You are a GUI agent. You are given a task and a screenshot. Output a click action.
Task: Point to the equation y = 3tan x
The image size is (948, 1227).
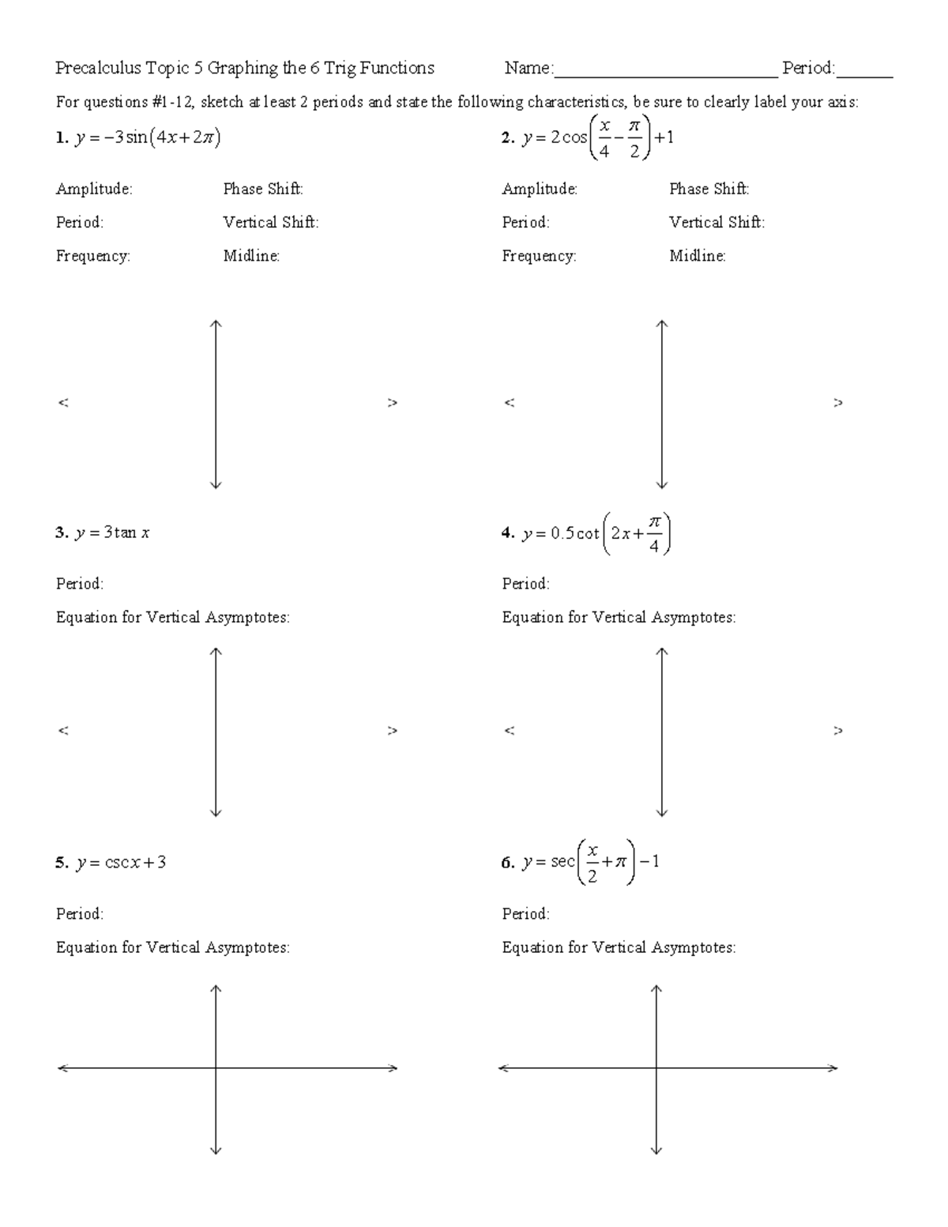[x=112, y=533]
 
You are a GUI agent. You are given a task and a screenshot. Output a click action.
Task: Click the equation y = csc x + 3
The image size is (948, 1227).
[x=120, y=862]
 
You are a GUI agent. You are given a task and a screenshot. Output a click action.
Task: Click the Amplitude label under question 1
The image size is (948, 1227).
[x=94, y=189]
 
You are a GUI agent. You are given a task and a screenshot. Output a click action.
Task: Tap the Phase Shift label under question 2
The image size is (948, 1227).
[x=709, y=189]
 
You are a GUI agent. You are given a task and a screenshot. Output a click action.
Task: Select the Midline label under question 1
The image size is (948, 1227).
[x=251, y=256]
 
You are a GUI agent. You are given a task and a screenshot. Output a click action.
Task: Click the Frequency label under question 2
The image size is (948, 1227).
[x=539, y=256]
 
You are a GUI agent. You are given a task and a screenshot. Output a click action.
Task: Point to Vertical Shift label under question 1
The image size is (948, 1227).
[x=270, y=223]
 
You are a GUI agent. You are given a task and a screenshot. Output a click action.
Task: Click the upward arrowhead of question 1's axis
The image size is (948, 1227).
[x=216, y=323]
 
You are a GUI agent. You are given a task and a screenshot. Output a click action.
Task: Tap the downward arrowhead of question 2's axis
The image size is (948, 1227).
[x=662, y=485]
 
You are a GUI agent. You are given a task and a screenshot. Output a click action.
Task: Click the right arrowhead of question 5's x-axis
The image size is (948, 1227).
[x=392, y=1068]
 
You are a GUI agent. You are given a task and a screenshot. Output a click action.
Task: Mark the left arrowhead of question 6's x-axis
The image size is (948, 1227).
[x=504, y=1068]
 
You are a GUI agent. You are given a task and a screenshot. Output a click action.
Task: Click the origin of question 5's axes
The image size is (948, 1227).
[x=216, y=1068]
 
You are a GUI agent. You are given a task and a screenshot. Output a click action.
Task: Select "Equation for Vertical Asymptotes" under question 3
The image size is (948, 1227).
[x=172, y=617]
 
